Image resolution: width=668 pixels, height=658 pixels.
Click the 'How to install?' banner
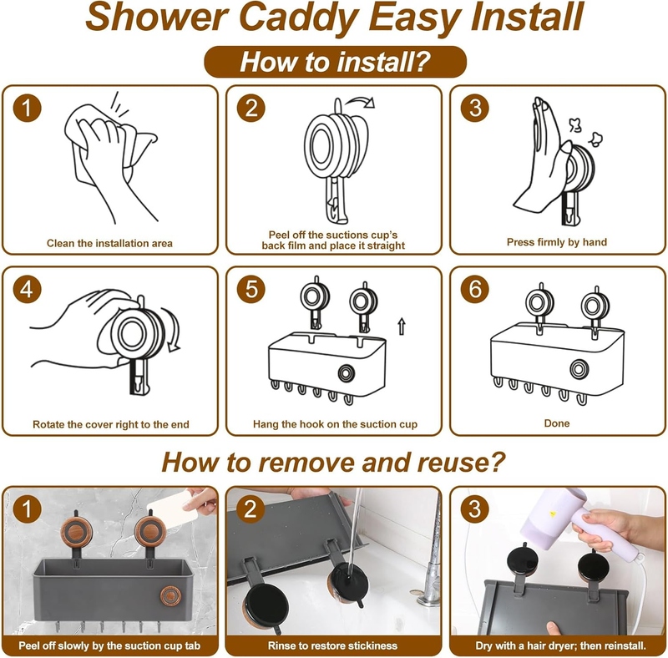(336, 62)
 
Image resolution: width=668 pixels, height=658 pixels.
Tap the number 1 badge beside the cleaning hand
(27, 108)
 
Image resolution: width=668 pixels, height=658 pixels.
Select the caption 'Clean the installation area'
(109, 243)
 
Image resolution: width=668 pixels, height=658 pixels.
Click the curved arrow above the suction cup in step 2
(360, 102)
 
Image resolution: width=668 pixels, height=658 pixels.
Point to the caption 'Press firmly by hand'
(556, 242)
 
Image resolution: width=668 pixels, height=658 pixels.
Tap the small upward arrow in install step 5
(402, 326)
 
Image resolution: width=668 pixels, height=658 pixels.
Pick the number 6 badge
(474, 289)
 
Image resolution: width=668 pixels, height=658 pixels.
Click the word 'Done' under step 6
(556, 423)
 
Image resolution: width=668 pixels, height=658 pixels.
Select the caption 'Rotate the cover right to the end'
(111, 424)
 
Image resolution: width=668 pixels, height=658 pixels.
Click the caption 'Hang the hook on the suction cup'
(335, 424)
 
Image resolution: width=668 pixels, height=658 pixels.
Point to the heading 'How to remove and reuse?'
(333, 462)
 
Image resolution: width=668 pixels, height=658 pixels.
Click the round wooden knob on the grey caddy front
(170, 595)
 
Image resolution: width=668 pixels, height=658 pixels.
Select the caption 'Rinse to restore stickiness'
(332, 645)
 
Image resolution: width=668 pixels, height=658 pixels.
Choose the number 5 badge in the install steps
(251, 289)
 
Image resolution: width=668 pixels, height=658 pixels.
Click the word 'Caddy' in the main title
(299, 18)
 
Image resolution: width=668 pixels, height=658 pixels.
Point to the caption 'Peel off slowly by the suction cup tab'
(109, 645)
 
